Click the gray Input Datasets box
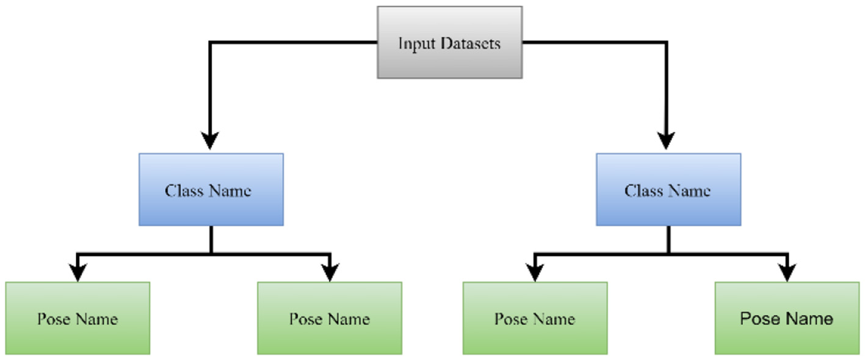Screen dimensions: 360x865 [449, 42]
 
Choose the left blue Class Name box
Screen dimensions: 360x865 [211, 189]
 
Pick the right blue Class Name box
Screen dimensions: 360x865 [668, 189]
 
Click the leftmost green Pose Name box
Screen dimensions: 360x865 [78, 318]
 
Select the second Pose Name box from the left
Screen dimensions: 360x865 [330, 318]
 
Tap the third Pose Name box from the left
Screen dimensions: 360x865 [535, 318]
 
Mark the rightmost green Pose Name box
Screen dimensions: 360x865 [787, 318]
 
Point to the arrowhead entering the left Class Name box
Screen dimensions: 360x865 [210, 141]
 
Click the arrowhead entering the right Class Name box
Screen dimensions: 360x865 [667, 141]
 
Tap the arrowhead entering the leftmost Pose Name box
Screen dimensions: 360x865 [78, 272]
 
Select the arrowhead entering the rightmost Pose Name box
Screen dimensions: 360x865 [787, 272]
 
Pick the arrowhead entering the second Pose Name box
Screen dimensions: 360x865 [330, 272]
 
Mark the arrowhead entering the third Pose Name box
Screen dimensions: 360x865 [535, 272]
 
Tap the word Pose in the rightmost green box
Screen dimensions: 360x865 [758, 319]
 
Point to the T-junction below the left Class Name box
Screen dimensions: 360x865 [211, 253]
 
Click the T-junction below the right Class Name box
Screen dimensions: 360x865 [668, 253]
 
